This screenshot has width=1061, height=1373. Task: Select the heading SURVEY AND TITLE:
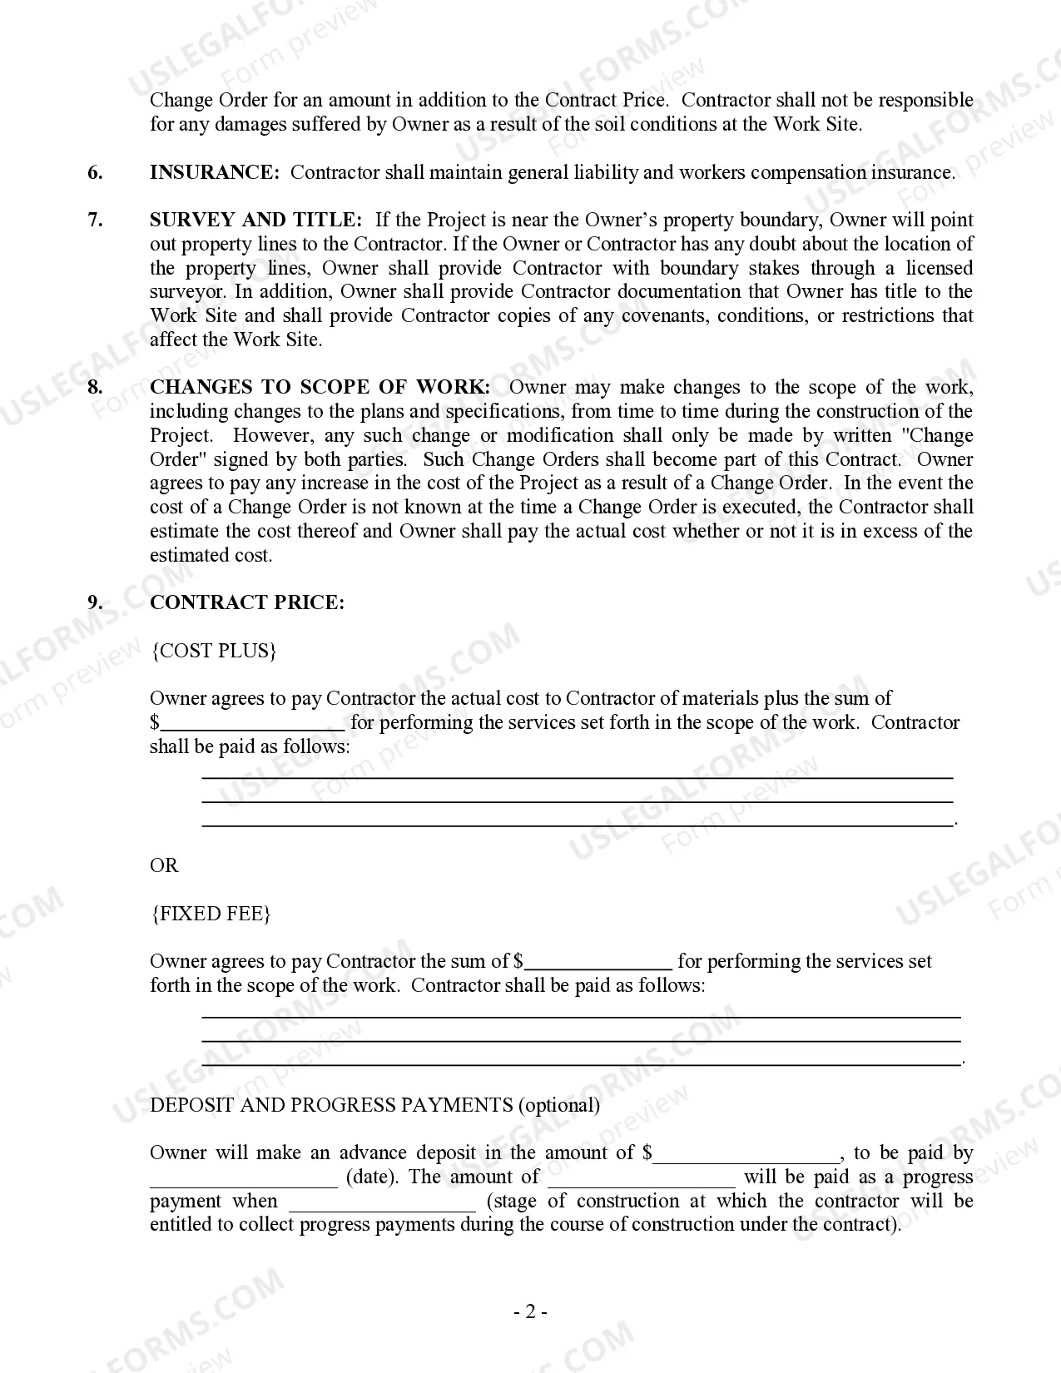tap(255, 220)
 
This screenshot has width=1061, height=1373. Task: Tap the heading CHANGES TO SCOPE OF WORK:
tap(320, 387)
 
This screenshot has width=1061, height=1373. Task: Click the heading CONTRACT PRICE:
tap(246, 602)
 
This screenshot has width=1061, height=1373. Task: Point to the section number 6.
tap(96, 172)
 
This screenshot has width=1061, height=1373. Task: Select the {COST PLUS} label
tap(213, 651)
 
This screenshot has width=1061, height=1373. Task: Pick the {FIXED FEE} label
tap(211, 914)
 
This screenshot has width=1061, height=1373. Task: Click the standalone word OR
tap(164, 865)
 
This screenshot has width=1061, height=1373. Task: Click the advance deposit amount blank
tap(746, 1154)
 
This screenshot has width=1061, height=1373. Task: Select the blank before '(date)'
tap(243, 1178)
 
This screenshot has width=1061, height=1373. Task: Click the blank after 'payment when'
tap(383, 1202)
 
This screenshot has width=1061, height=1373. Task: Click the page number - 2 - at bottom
tap(530, 1312)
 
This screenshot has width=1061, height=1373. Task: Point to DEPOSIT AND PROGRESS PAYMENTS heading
tap(331, 1105)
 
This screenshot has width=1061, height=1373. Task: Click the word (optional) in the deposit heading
tap(558, 1105)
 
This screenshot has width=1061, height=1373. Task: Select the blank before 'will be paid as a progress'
tap(642, 1178)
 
